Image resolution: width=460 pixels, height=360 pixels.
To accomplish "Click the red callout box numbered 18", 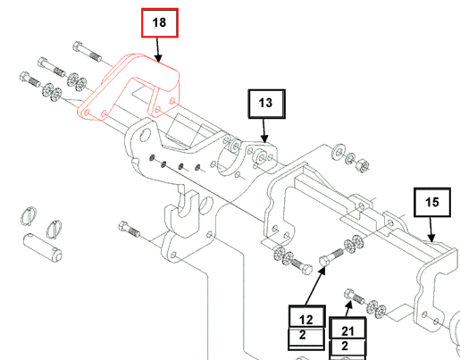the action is coord(160,23).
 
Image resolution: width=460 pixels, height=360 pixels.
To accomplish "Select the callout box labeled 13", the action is coord(267,104).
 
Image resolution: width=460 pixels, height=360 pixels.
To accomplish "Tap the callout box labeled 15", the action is coord(432,202).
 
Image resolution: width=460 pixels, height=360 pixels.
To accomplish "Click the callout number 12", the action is coord(305,320).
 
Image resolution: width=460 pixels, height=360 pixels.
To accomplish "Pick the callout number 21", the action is coord(347,331).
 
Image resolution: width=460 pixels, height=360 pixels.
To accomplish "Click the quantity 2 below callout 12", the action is coord(303,335).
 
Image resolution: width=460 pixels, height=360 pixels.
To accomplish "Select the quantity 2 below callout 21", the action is coord(345,346).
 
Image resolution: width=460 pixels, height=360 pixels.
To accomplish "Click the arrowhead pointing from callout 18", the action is coord(158,58).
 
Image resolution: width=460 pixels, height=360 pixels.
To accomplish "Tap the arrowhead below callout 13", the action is coord(264,138).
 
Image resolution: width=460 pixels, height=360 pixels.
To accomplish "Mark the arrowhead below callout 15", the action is coord(431,237).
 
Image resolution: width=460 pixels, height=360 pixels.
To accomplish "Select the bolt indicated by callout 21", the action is coord(355,296).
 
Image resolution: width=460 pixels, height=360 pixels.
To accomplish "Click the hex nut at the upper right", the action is coord(363,165).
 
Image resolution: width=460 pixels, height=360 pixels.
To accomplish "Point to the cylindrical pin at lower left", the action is coord(43,247).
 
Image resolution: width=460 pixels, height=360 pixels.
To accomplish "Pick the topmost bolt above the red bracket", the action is coord(87,51).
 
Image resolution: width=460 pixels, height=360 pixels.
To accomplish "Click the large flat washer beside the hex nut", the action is coord(339,152).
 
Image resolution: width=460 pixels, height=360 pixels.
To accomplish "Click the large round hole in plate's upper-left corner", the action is coord(145,135).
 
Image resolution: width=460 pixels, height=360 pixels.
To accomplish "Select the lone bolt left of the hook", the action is coord(129,229).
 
